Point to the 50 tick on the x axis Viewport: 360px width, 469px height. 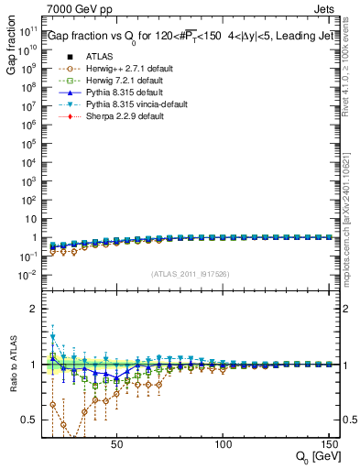(116, 443)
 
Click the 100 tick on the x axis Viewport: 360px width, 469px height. (223, 443)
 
